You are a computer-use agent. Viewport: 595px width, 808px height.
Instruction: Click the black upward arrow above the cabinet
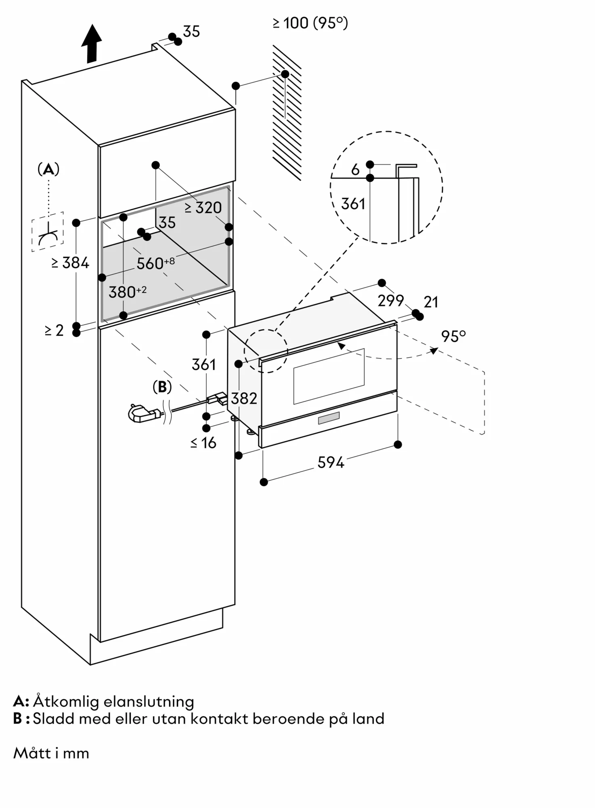92,44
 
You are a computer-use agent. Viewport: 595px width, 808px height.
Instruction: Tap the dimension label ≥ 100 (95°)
310,23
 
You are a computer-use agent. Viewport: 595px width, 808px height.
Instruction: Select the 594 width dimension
331,462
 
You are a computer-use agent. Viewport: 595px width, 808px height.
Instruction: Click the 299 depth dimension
391,300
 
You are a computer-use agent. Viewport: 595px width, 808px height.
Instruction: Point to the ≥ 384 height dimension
70,263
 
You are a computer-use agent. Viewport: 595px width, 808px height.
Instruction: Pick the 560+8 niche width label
155,263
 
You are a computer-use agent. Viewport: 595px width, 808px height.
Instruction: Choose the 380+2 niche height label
128,292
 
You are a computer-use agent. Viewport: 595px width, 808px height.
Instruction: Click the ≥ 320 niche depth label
203,208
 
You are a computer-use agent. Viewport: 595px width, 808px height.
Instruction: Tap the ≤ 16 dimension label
203,443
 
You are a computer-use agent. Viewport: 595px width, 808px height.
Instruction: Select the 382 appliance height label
244,398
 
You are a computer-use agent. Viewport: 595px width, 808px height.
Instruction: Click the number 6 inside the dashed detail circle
355,170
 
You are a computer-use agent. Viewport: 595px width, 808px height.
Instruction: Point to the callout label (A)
48,169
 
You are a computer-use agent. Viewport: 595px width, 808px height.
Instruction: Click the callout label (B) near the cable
162,387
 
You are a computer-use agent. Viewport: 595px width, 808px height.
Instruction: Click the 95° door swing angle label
453,336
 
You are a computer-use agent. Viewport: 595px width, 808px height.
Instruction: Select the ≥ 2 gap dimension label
54,330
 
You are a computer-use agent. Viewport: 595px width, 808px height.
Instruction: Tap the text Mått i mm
51,753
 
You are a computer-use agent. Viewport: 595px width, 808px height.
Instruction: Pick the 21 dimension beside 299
431,302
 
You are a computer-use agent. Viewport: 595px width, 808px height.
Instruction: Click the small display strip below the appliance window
329,418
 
